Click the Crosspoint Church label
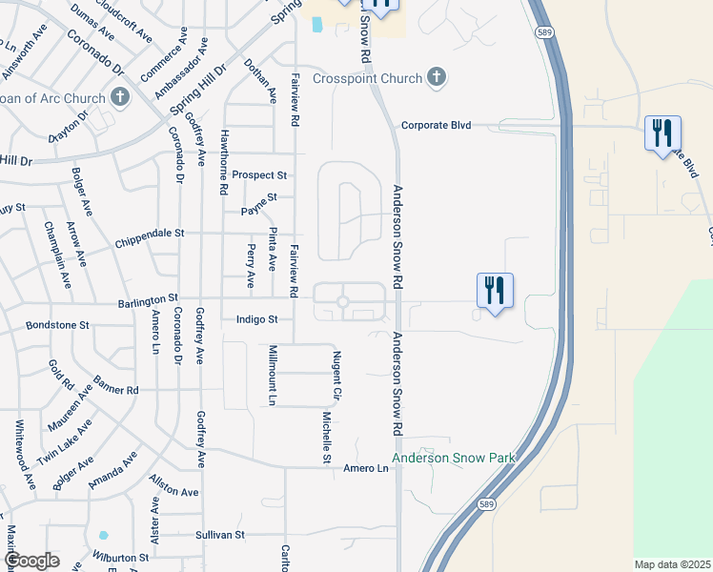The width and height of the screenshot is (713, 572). click(x=367, y=78)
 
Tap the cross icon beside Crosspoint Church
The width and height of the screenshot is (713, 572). click(x=437, y=77)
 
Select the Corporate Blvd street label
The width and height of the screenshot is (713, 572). click(x=438, y=125)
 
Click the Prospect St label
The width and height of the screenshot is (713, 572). click(x=259, y=175)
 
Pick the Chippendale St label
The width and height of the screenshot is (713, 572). click(x=149, y=233)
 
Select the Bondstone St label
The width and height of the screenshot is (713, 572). click(x=57, y=325)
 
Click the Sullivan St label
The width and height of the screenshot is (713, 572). click(x=220, y=535)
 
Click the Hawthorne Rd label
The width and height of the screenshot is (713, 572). click(x=223, y=162)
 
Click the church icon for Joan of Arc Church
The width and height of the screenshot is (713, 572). click(x=120, y=96)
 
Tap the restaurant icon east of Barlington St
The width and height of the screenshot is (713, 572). click(x=495, y=288)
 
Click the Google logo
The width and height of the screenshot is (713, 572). click(x=31, y=561)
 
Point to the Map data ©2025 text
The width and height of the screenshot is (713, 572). click(x=672, y=564)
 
